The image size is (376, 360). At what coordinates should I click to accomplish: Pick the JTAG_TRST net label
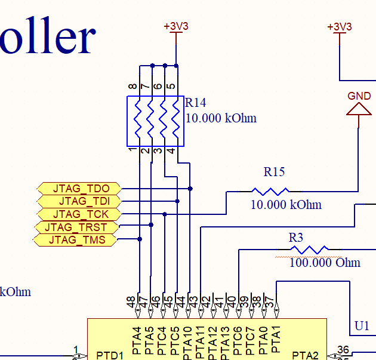point(75,227)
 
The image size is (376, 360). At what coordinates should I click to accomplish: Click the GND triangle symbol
point(359,109)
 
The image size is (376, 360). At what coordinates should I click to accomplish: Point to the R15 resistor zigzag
point(270,192)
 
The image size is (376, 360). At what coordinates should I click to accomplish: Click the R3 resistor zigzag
point(308,250)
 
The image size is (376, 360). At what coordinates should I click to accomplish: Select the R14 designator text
point(196,102)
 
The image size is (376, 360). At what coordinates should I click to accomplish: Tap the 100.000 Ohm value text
point(325,263)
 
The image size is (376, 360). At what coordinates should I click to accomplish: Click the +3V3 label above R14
point(176,26)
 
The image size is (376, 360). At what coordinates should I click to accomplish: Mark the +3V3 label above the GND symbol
point(340,27)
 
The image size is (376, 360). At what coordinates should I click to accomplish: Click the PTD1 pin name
point(109,355)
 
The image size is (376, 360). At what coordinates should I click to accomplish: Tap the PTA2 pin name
point(306,355)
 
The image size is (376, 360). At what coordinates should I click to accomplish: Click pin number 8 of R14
point(131,87)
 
